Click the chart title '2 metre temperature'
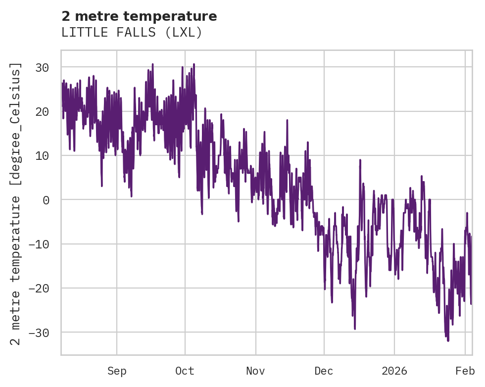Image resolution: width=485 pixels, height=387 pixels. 139,16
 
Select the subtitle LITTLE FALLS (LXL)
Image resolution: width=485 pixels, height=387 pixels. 132,33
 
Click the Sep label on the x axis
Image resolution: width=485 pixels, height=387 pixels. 117,371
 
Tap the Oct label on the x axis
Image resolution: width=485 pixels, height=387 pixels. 185,371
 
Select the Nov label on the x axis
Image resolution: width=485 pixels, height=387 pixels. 256,371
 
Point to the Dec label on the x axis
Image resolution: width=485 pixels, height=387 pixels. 324,371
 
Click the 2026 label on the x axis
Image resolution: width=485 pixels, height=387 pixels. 394,371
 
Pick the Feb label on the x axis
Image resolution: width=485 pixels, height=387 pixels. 465,371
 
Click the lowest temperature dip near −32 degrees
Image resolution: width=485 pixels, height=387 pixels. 448,340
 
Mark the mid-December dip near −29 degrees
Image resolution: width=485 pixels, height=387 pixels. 355,328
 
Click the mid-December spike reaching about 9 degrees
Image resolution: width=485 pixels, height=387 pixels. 360,160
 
